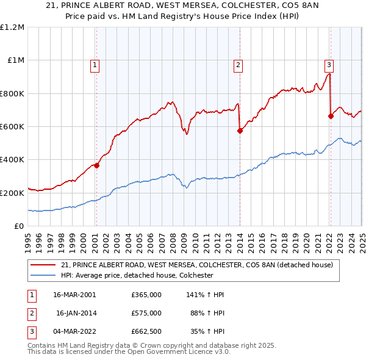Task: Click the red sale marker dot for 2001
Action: click(x=96, y=165)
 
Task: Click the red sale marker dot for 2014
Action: click(x=240, y=130)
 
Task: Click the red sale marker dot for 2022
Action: click(x=331, y=116)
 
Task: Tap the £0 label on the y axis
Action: click(x=18, y=226)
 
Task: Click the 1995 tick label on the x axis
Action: click(x=29, y=238)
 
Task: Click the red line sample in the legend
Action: click(x=43, y=265)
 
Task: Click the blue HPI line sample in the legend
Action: click(x=43, y=275)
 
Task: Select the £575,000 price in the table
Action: click(x=146, y=313)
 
